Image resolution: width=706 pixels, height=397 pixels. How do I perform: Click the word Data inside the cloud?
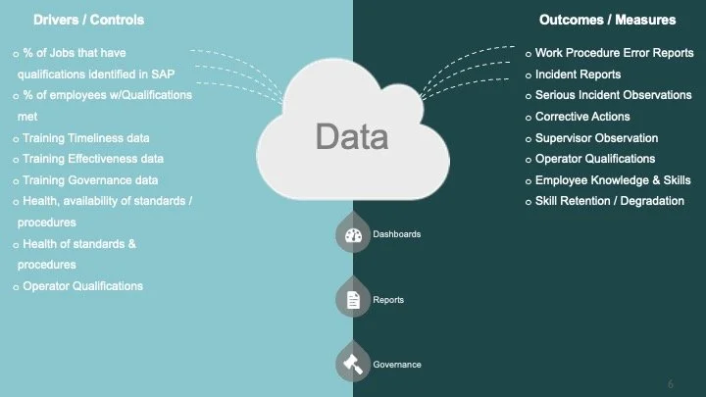click(x=352, y=136)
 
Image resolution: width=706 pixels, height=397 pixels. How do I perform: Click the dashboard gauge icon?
click(x=352, y=235)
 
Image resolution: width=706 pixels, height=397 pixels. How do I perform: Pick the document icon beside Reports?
click(x=352, y=300)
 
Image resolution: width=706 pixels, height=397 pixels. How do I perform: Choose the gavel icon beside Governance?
click(x=352, y=364)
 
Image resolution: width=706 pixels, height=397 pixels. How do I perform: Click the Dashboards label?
click(x=397, y=235)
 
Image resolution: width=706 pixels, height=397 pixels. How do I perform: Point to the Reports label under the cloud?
click(x=388, y=300)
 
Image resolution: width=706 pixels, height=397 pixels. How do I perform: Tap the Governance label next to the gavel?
click(x=397, y=365)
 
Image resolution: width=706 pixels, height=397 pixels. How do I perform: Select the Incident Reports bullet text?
click(x=578, y=74)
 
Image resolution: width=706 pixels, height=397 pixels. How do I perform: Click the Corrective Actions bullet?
click(x=581, y=117)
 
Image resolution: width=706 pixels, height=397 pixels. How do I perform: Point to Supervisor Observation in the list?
click(x=596, y=138)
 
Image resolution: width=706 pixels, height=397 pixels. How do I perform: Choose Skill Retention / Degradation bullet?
click(x=610, y=202)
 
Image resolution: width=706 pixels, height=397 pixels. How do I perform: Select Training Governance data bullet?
click(x=90, y=180)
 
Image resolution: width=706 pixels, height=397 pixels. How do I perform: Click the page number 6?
click(x=670, y=382)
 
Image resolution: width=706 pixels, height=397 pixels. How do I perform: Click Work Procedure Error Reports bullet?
click(x=613, y=53)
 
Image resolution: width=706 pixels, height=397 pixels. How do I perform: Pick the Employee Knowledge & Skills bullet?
click(x=611, y=180)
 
